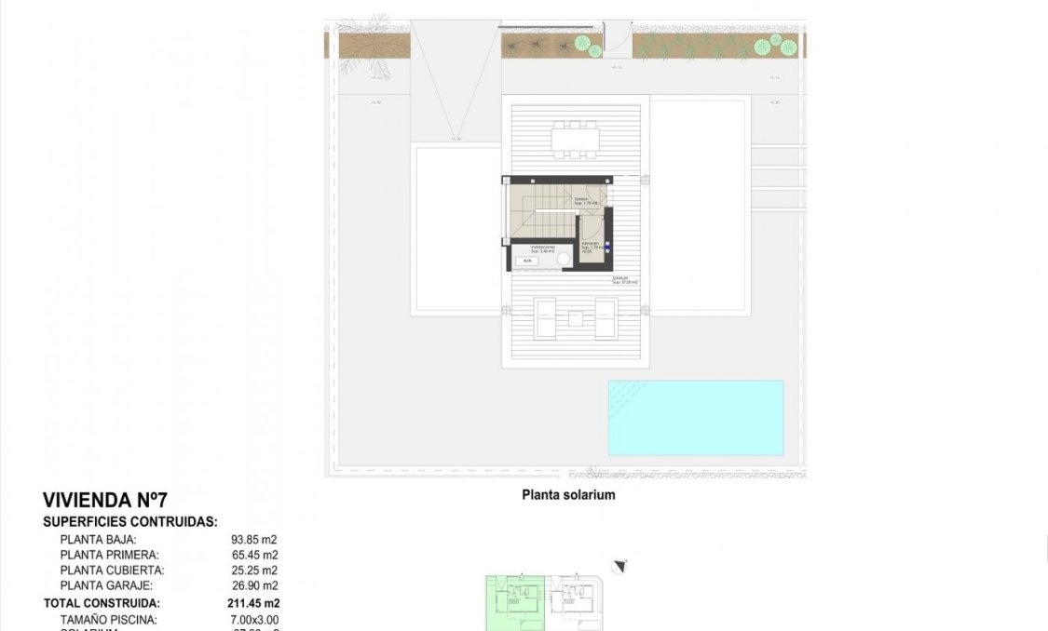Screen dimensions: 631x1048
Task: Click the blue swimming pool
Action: (695, 417)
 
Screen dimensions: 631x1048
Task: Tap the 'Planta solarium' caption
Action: (568, 495)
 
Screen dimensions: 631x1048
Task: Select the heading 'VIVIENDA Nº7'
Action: (105, 501)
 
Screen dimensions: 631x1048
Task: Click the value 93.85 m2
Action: (254, 539)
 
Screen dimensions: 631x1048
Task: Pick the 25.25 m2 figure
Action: (254, 571)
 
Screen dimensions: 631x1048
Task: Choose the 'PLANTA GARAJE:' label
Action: (106, 586)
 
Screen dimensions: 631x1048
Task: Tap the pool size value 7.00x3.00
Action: (254, 620)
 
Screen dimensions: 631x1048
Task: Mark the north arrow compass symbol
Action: (620, 566)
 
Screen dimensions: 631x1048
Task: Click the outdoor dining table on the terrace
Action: (576, 140)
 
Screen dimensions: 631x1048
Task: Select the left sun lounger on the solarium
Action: (545, 317)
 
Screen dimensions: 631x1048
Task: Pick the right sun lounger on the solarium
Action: (606, 317)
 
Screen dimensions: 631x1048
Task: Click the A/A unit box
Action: (527, 262)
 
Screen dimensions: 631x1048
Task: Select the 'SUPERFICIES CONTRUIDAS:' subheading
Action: (130, 522)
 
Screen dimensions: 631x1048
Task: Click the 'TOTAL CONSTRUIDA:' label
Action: (101, 603)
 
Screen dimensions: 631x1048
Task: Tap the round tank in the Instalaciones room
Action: (565, 262)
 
